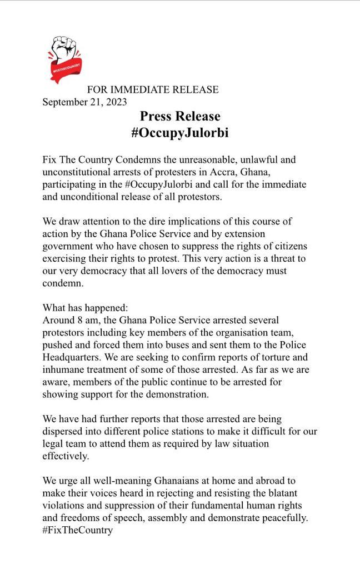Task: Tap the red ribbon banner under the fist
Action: pos(67,69)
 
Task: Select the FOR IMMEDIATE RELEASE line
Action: pos(153,89)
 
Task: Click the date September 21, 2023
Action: pos(84,102)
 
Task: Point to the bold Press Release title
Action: pos(180,116)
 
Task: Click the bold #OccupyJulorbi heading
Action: pos(180,133)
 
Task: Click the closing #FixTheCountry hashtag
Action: pos(78,530)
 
